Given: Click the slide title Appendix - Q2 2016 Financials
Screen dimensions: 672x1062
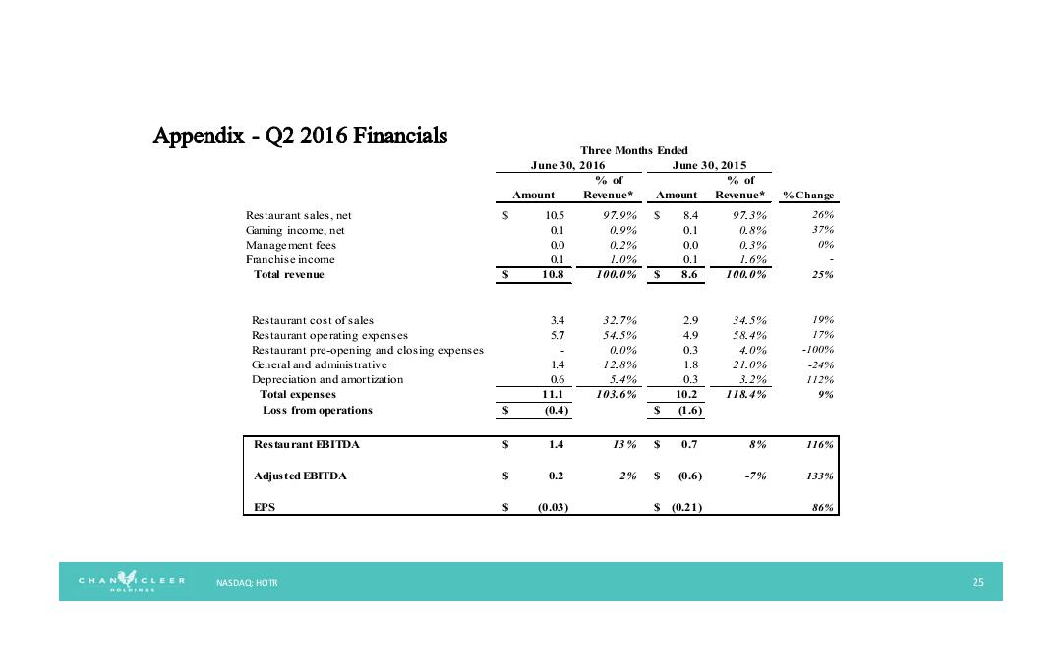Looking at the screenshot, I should coord(300,135).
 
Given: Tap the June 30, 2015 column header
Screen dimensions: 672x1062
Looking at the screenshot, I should coord(708,165).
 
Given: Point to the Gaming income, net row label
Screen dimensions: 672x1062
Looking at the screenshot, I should coord(295,230).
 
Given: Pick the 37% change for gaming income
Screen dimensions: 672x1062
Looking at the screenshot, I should coord(823,230).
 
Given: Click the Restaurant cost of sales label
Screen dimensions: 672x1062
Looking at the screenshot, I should coord(313,320).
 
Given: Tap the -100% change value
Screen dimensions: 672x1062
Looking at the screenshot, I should coord(818,350).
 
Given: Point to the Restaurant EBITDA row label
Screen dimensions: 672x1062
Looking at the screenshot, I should coord(307,445).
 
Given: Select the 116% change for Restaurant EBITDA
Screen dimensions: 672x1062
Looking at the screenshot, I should coord(821,445).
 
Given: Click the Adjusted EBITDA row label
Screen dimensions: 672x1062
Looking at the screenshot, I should coord(300,476).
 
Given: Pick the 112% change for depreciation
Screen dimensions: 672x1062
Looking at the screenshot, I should coord(821,379).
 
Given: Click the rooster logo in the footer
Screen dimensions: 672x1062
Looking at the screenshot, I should coord(130,581).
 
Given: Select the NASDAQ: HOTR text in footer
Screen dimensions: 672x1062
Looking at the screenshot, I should coord(247,583).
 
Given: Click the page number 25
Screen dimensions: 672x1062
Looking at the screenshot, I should coord(977,583).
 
